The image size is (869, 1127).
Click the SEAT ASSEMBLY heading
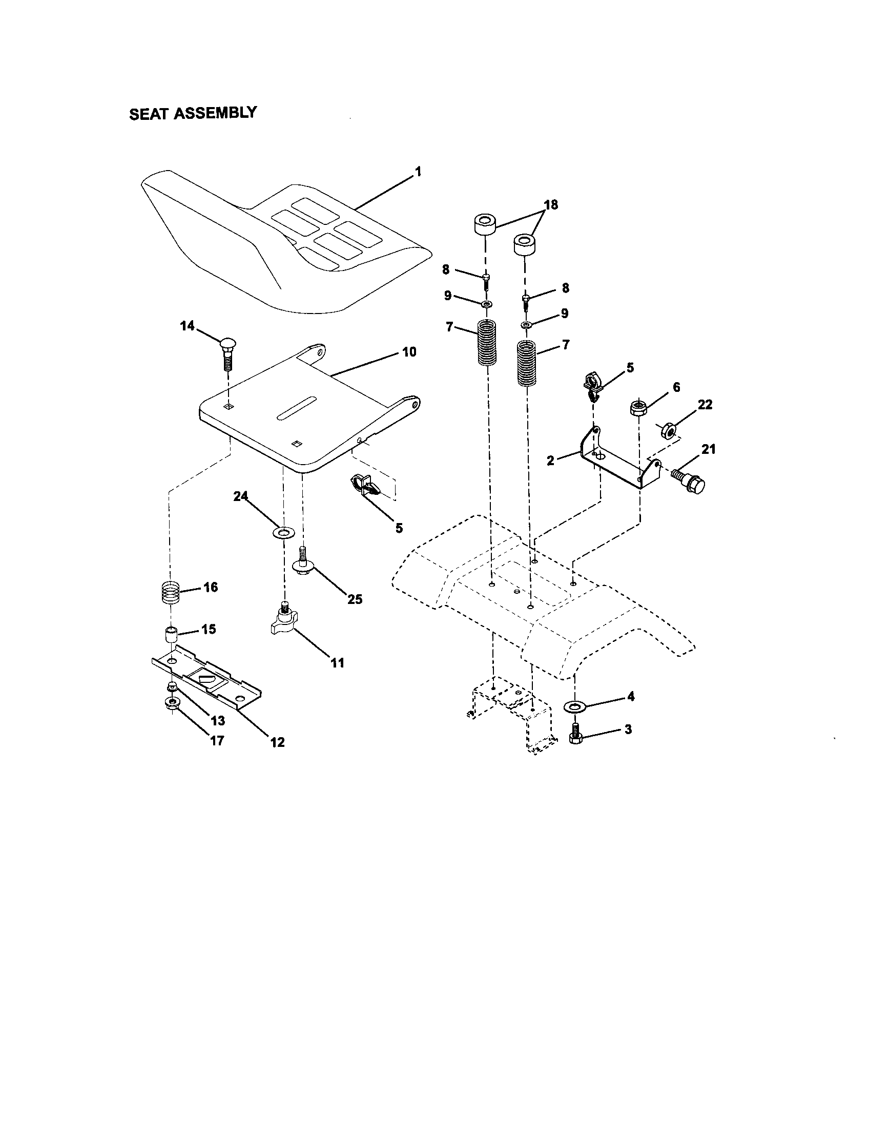click(x=193, y=113)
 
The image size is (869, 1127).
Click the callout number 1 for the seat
click(x=418, y=171)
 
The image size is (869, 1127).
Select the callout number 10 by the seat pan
click(x=409, y=352)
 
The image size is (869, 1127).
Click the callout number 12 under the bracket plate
click(x=277, y=742)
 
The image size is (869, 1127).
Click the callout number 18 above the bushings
click(x=551, y=205)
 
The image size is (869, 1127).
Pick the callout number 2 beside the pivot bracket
click(x=551, y=461)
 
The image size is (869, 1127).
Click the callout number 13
click(x=218, y=720)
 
